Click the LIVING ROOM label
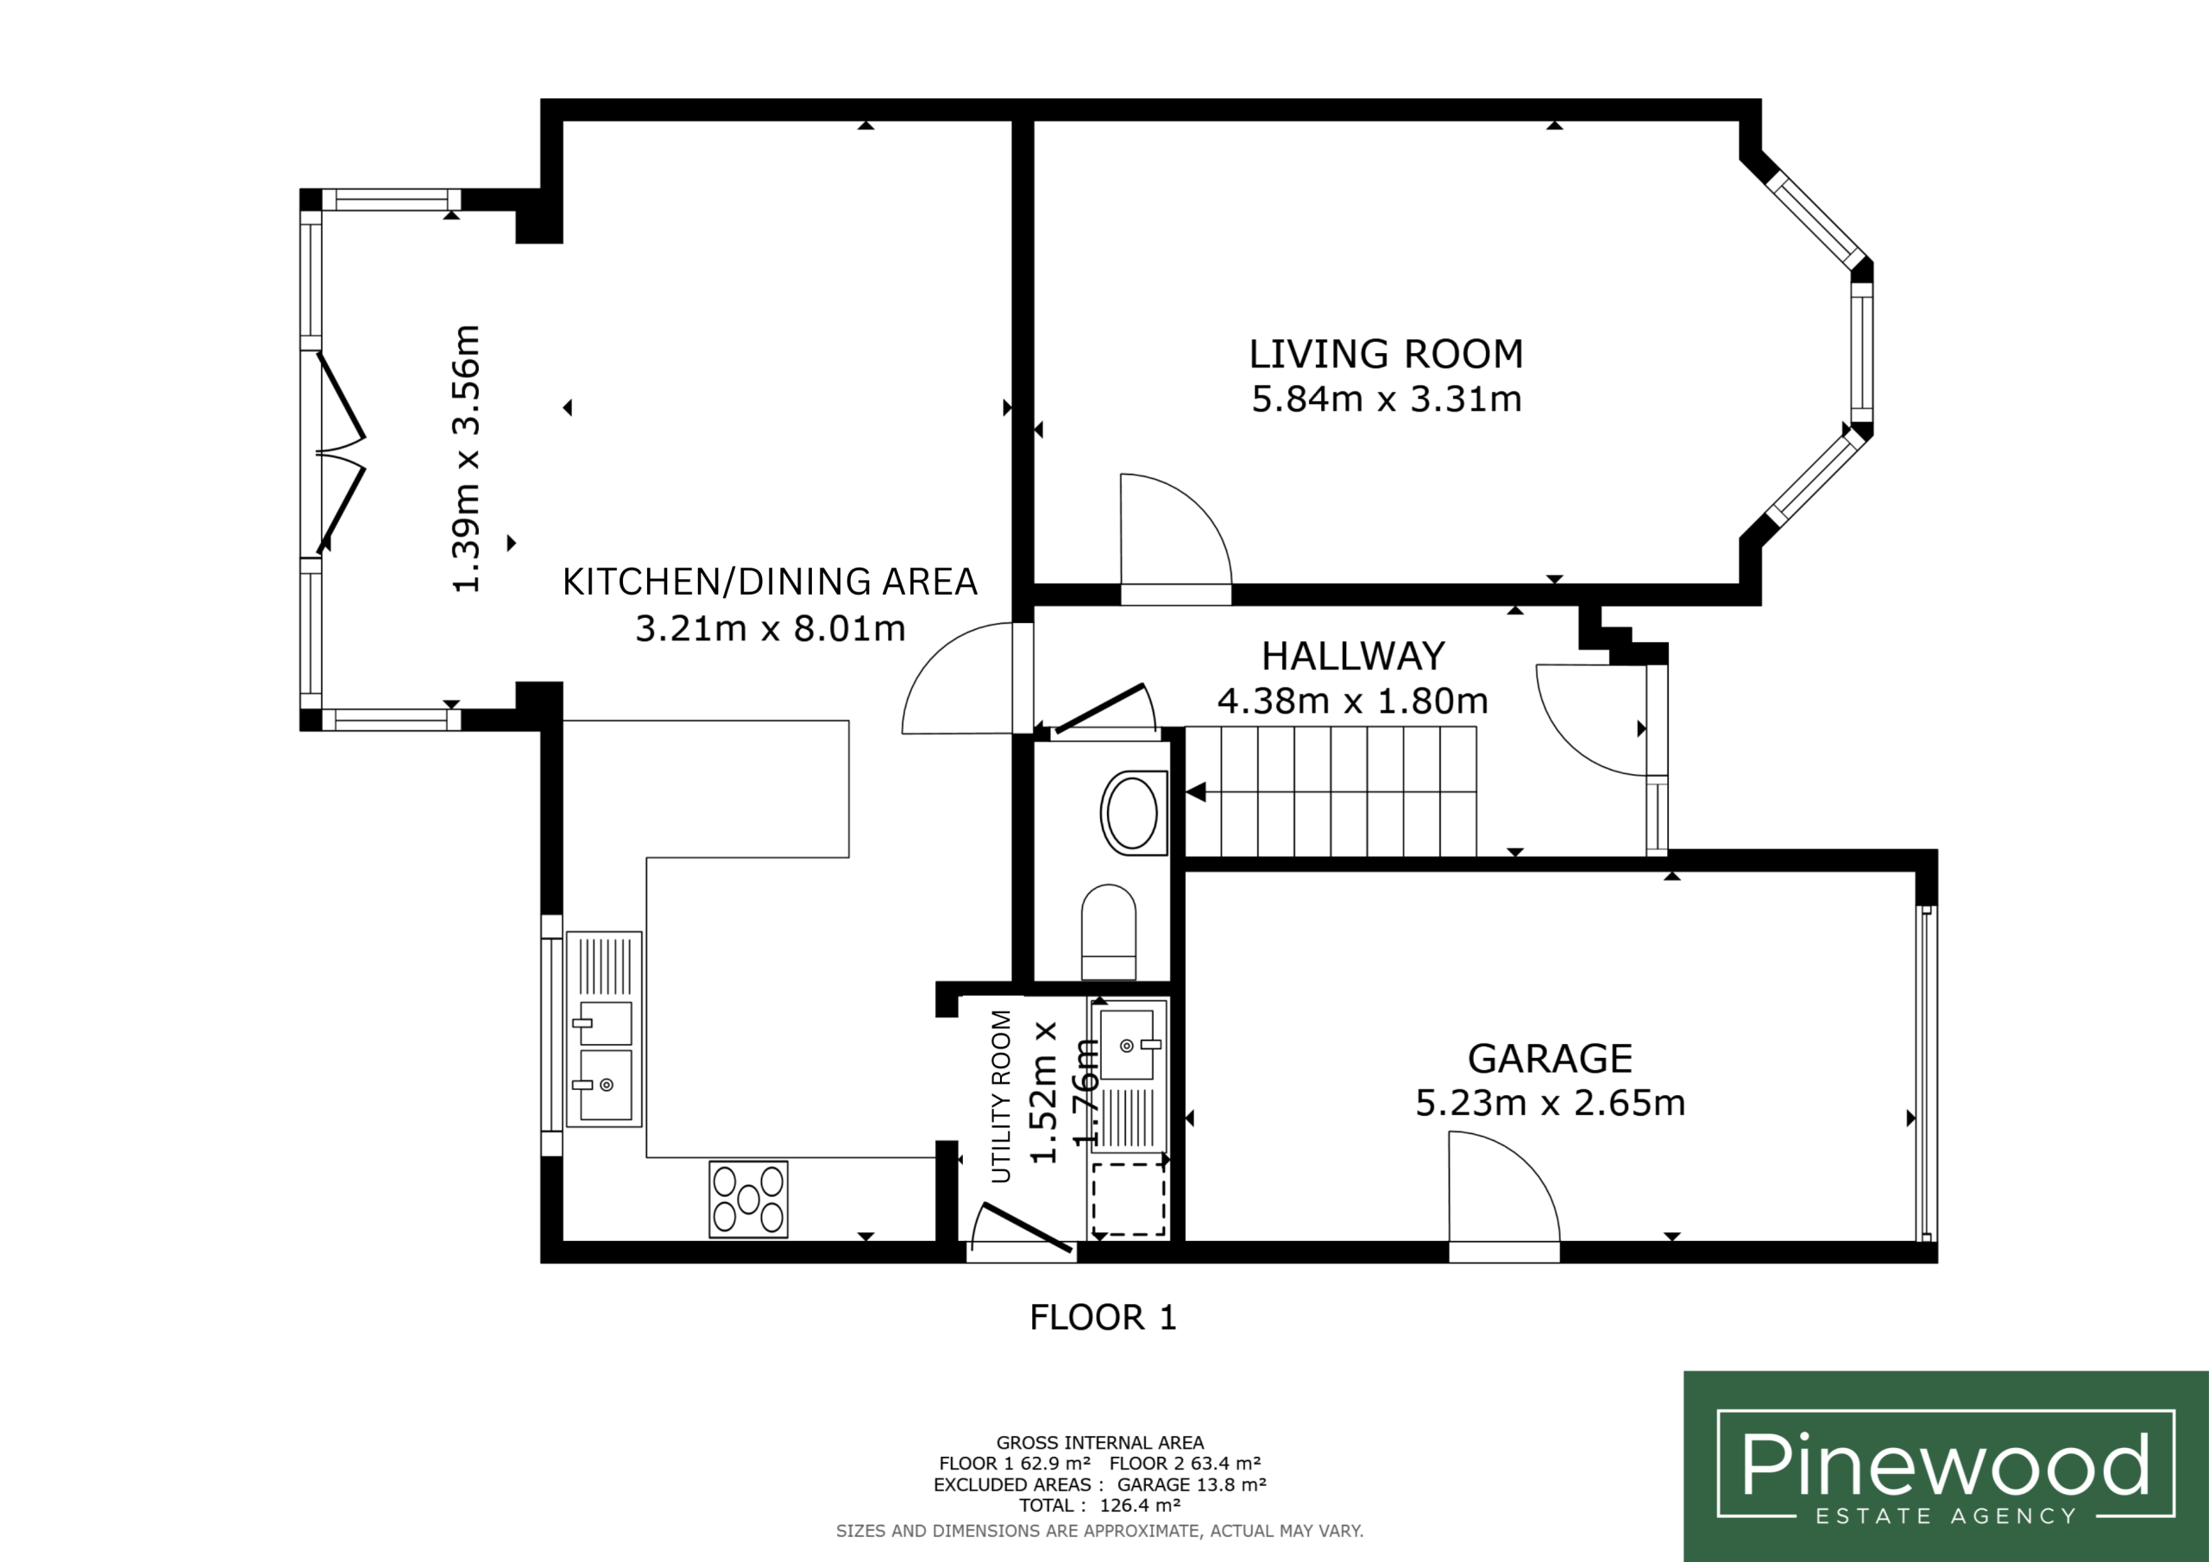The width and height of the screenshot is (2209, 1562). (1386, 354)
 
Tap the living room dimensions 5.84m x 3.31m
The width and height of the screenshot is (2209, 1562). (1387, 399)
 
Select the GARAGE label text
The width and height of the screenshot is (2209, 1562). (1550, 1059)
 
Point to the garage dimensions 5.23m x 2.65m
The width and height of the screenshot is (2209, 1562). (1550, 1103)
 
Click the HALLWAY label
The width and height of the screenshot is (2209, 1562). (1353, 657)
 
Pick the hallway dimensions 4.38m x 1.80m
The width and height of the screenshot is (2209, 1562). (1353, 701)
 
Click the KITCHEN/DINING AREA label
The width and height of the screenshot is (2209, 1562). (770, 583)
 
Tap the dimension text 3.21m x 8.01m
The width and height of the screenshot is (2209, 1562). (770, 628)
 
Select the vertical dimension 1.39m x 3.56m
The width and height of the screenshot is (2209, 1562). (466, 458)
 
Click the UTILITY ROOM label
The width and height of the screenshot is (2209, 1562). (1002, 1096)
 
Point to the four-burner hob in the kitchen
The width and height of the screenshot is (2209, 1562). (748, 1200)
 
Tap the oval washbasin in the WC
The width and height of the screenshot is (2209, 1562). (1133, 812)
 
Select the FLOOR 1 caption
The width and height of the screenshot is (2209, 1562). (1103, 1318)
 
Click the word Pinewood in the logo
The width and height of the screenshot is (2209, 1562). (1945, 1464)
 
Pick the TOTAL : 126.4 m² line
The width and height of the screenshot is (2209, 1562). (1099, 1505)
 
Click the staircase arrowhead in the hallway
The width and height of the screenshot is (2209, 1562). (1196, 792)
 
